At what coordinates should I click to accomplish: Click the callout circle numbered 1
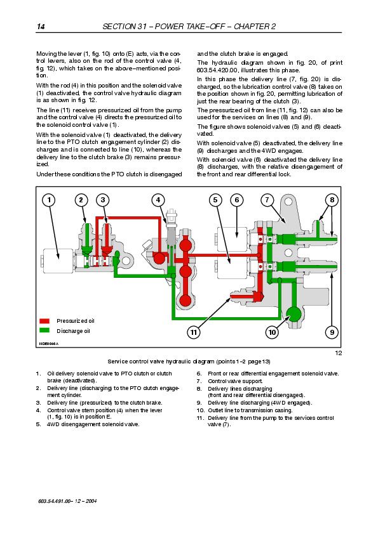(49, 200)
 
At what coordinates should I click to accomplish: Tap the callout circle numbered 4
(158, 200)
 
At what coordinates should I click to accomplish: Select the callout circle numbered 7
(267, 200)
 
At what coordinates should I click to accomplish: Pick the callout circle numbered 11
(193, 332)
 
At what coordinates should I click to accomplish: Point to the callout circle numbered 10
(272, 332)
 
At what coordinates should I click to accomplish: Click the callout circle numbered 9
(332, 332)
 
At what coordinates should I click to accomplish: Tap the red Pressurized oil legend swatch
(44, 321)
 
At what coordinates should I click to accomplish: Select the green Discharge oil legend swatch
(44, 330)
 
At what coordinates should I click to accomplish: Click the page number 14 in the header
(41, 27)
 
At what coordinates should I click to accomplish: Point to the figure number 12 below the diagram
(338, 353)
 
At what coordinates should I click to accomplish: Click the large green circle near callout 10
(294, 314)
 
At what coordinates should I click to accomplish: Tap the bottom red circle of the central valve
(185, 301)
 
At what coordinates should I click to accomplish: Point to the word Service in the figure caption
(118, 361)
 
